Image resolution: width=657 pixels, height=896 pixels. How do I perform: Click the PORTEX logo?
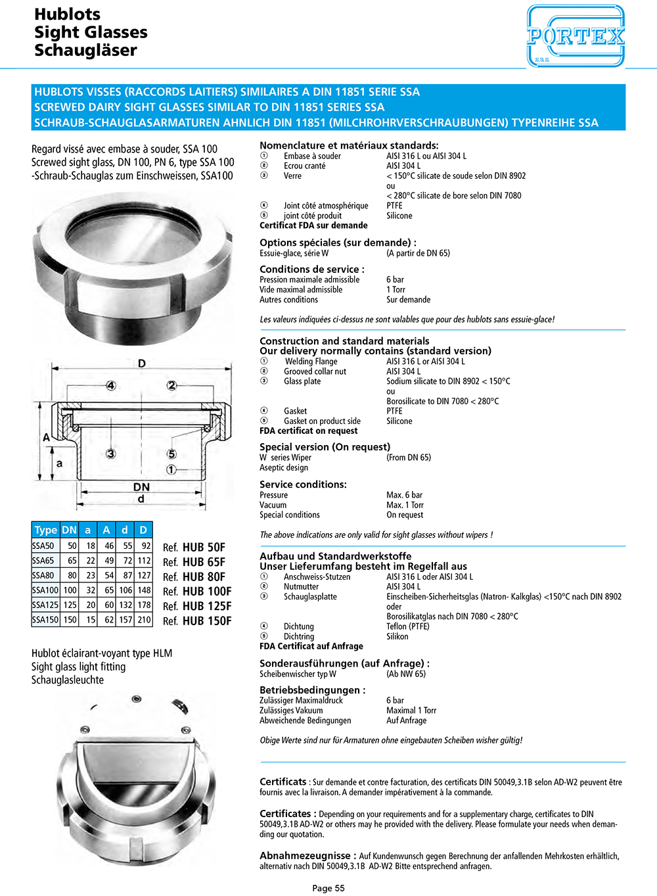[x=576, y=36]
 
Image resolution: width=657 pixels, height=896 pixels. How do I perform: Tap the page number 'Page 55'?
[x=328, y=888]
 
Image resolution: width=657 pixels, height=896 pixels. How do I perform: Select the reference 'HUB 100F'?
[x=198, y=591]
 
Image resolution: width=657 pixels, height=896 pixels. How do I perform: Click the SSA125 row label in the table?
[x=45, y=605]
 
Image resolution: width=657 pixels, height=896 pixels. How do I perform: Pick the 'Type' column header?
[x=46, y=530]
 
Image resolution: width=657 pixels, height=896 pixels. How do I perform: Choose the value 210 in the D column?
[x=144, y=619]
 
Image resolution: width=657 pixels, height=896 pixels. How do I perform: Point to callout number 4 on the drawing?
[x=111, y=386]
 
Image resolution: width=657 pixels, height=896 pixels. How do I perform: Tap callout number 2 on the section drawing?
[x=171, y=386]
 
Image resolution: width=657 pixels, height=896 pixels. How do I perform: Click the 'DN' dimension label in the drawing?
[x=141, y=487]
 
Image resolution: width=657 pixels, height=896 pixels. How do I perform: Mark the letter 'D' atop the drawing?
[x=142, y=364]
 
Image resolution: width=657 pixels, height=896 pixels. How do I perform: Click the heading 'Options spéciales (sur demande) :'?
[x=338, y=243]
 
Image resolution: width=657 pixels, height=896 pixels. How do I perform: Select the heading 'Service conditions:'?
[x=303, y=484]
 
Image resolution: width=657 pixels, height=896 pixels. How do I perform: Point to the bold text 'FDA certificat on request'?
[x=309, y=431]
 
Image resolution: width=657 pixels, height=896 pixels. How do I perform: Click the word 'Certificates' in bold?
[x=285, y=814]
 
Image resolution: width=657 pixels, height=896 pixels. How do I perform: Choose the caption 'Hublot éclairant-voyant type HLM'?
[x=102, y=653]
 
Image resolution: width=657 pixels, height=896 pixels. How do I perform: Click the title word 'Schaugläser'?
[x=85, y=51]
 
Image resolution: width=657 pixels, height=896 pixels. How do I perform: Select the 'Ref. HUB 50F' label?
[x=194, y=547]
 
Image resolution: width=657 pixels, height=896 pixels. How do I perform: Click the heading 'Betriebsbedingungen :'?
[x=312, y=690]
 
